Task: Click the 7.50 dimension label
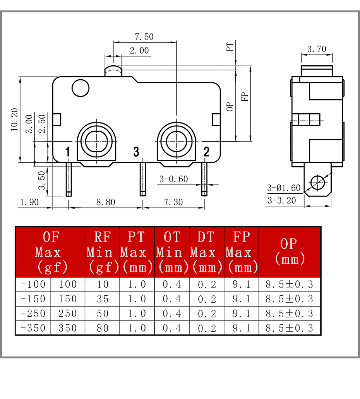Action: click(x=144, y=37)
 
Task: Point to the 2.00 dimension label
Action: click(x=139, y=50)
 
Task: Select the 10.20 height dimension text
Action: click(x=15, y=119)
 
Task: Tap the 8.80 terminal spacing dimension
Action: click(x=105, y=202)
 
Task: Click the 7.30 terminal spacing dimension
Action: click(x=173, y=202)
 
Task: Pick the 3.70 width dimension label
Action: click(x=317, y=49)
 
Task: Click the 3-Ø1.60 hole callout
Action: click(x=284, y=188)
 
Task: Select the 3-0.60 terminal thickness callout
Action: click(x=173, y=179)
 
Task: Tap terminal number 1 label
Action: click(x=67, y=152)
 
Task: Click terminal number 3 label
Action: click(x=136, y=152)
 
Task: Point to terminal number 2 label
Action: click(x=206, y=152)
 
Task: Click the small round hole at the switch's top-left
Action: click(x=81, y=88)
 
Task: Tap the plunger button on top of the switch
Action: click(x=113, y=71)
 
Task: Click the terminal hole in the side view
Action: click(x=317, y=182)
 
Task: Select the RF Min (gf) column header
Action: click(x=103, y=252)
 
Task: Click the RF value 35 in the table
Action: click(x=103, y=299)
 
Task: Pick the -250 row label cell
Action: click(x=33, y=314)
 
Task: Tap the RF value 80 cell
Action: click(x=103, y=328)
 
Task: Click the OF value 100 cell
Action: click(x=67, y=284)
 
